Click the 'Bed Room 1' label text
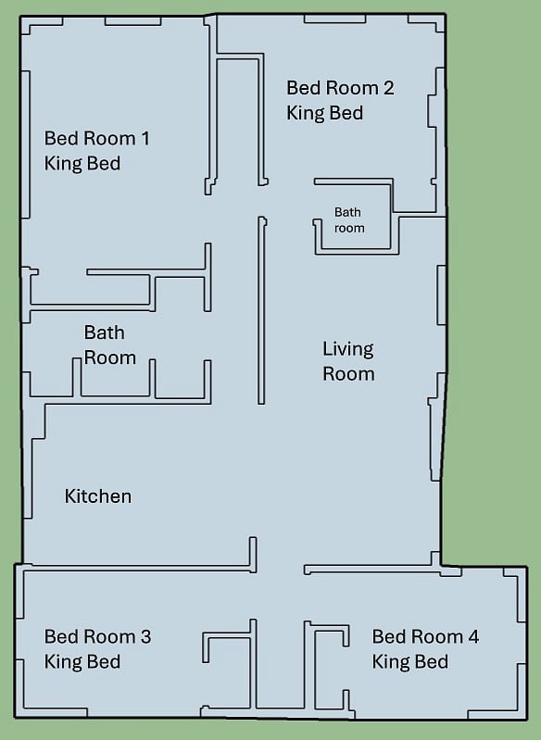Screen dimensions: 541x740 tap(96, 138)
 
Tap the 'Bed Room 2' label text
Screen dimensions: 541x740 tap(340, 88)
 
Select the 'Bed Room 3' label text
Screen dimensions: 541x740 tap(97, 636)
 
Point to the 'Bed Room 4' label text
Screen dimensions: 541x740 tap(425, 636)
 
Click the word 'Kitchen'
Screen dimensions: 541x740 tap(97, 496)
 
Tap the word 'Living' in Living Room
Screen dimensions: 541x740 tap(348, 350)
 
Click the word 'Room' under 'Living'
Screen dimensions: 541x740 tap(348, 374)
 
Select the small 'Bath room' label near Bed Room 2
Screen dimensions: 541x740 tap(349, 219)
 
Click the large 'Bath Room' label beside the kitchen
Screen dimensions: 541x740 tap(110, 345)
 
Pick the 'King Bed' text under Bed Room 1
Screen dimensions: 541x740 tap(82, 164)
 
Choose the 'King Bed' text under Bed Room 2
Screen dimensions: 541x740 tap(325, 113)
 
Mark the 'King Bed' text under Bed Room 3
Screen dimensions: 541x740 tap(82, 661)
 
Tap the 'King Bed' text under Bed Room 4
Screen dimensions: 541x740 tap(409, 661)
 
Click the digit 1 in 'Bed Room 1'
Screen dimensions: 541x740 tap(145, 138)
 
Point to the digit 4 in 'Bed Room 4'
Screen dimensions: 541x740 tap(473, 636)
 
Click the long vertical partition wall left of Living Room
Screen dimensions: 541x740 tap(261, 310)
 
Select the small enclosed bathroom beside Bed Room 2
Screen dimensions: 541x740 tap(357, 216)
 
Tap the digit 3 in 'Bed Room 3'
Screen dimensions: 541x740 tap(145, 636)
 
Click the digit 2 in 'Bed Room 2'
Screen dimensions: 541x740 tap(388, 88)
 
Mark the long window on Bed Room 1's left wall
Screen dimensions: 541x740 tap(26, 144)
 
